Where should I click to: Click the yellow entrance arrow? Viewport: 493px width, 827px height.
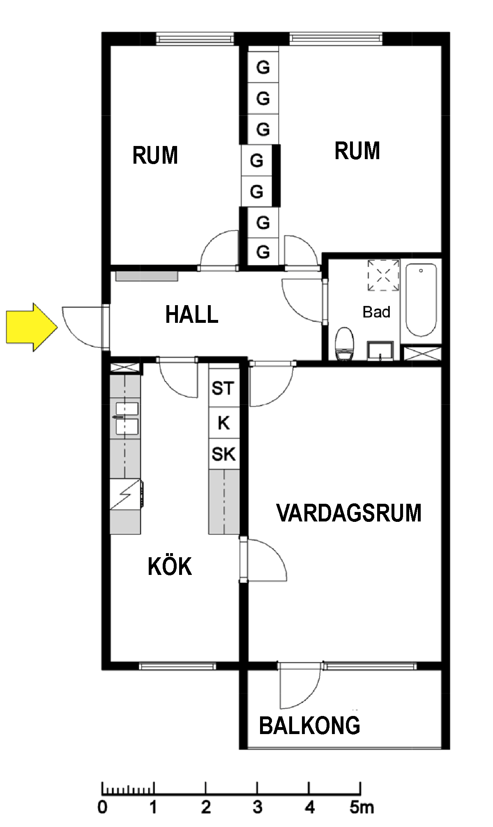(x=32, y=327)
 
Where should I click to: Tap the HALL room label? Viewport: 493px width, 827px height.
(x=191, y=315)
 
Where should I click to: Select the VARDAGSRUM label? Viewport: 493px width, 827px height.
(x=349, y=513)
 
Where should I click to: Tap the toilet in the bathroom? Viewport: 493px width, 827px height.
(x=344, y=344)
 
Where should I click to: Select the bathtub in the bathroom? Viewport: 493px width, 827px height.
(x=421, y=300)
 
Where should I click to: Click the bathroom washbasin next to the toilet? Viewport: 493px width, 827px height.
(x=380, y=351)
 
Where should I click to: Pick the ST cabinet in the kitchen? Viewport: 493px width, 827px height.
(x=223, y=388)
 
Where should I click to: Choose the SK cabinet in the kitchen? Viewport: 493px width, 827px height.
(x=223, y=454)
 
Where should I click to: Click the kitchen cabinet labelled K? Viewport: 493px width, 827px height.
(x=223, y=423)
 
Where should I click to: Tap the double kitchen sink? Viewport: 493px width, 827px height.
(x=127, y=418)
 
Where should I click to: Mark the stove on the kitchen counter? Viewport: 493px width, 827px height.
(x=126, y=495)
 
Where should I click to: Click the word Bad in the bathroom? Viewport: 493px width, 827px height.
(x=376, y=312)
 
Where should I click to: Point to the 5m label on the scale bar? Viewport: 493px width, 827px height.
(x=362, y=807)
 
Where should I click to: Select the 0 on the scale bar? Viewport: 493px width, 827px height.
(x=102, y=807)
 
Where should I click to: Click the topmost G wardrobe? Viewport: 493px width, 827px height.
(x=263, y=67)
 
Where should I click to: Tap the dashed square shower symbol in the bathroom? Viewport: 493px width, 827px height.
(x=383, y=275)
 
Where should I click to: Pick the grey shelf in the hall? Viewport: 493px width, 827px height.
(x=147, y=276)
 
